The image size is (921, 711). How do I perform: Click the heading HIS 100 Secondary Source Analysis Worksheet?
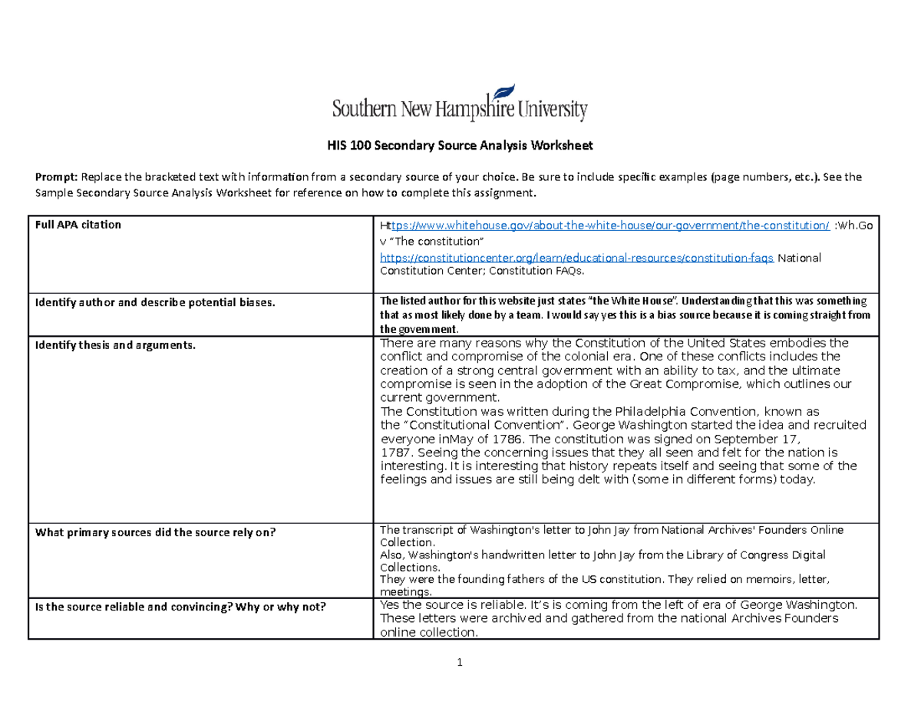(x=460, y=145)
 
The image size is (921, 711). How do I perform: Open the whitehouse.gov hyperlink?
(x=606, y=225)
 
